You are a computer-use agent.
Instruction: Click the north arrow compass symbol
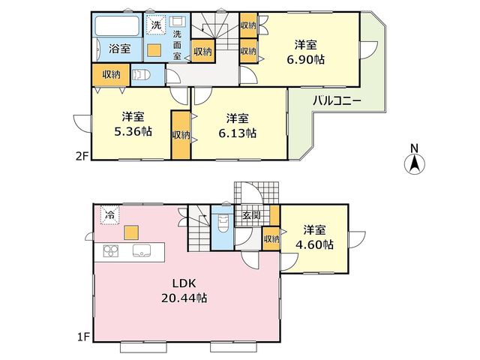415,164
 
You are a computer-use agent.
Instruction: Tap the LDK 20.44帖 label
184,290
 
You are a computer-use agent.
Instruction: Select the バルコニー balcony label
337,101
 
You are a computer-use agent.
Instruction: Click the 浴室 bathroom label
120,49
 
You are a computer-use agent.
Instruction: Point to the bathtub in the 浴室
117,25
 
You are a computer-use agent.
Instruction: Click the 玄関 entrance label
252,215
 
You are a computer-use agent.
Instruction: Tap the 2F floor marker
82,156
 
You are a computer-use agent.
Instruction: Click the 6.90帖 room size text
305,60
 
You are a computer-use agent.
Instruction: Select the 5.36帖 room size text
133,132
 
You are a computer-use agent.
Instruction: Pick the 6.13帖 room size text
237,133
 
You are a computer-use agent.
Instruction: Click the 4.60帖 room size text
314,245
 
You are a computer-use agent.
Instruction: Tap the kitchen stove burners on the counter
111,252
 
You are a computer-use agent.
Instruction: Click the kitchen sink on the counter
141,250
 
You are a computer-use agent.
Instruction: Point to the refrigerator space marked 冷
110,215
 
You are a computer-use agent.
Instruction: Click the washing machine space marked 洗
157,23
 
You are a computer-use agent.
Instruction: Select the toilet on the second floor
140,75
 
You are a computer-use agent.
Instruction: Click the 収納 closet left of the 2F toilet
112,75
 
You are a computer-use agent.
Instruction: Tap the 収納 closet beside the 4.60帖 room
271,238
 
